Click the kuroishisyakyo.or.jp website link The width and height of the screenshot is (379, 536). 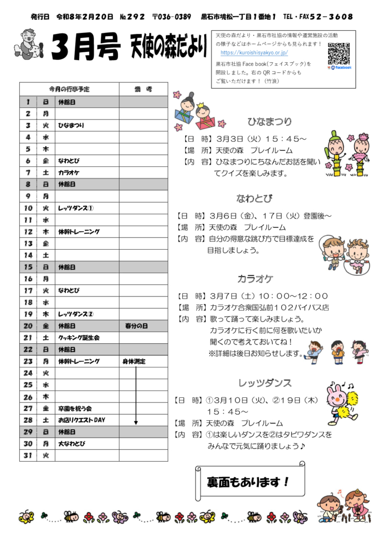254,53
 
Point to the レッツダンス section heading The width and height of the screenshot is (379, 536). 264,383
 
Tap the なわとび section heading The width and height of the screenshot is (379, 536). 254,198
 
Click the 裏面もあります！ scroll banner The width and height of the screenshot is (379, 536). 249,481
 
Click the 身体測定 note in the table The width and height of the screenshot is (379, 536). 133,362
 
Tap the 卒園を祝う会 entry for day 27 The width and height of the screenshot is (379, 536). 75,408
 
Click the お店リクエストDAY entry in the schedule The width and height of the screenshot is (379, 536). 81,420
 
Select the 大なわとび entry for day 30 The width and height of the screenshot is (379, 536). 72,444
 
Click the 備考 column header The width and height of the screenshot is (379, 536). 142,89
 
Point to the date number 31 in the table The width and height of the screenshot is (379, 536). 28,455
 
